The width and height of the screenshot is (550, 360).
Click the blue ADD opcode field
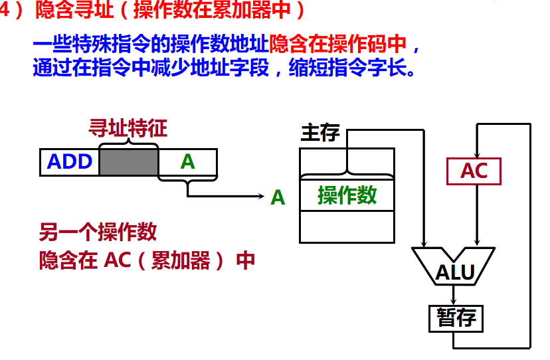70,162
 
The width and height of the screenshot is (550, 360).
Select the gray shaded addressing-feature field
129,162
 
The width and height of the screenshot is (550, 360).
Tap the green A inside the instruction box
188,162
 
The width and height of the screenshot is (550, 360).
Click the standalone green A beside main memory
278,197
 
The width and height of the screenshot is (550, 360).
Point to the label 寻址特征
128,128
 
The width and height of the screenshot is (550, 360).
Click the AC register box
474,171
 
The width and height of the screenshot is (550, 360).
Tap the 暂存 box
456,318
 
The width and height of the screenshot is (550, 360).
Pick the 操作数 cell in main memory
347,195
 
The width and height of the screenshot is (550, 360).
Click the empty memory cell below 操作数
347,226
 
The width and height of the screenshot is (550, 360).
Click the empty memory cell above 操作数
347,161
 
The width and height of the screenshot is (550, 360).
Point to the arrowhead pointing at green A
262,197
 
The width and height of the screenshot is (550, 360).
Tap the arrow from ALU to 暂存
454,296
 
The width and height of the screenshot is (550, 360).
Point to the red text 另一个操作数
98,232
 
